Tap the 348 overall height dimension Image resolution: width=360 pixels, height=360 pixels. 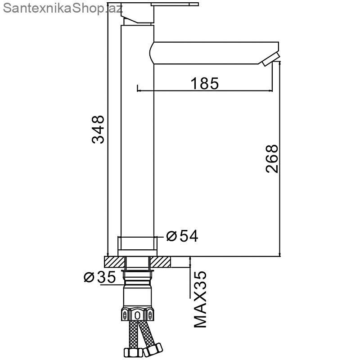pos(98,130)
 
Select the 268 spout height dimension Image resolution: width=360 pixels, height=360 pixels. pos(272,158)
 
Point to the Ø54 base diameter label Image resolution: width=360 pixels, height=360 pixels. pos(182,236)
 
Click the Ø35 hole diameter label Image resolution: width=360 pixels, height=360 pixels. pos(99,277)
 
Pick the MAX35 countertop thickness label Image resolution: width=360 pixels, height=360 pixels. pos(200,299)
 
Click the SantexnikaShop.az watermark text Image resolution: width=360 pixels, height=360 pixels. pos(63,9)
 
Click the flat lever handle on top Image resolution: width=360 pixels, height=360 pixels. pos(175,4)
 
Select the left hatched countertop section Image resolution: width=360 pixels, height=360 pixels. pos(115,262)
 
